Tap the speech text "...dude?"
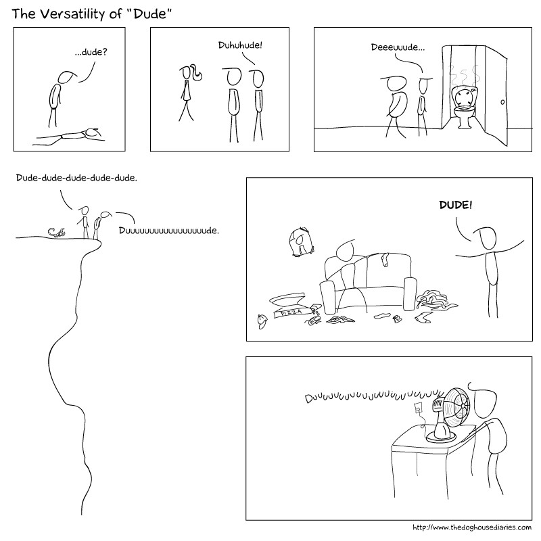[91, 52]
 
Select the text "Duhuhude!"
[240, 45]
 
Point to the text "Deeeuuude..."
[398, 47]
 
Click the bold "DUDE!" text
[455, 205]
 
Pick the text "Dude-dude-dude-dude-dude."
[76, 178]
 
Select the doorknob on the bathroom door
[502, 102]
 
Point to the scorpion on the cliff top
[57, 232]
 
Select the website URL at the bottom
[472, 527]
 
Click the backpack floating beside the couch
[301, 241]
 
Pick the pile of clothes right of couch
[436, 300]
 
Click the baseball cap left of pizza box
[262, 321]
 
